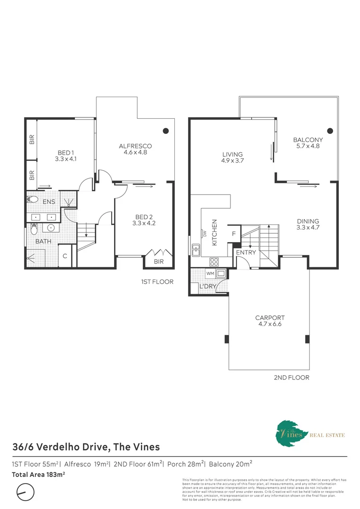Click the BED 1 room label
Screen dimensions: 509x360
[65, 156]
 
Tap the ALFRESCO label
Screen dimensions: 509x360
[135, 149]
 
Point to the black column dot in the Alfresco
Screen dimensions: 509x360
[166, 131]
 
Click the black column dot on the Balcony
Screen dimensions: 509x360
[330, 131]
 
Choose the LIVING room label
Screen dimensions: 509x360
[233, 157]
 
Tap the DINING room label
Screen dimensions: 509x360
[308, 224]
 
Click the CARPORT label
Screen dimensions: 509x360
[270, 321]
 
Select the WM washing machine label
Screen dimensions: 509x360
[210, 273]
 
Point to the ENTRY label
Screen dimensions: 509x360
[246, 253]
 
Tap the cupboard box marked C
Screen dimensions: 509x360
[65, 256]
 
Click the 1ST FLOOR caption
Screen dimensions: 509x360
[157, 282]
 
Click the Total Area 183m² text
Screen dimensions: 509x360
[38, 474]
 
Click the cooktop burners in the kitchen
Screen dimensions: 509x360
[213, 260]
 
